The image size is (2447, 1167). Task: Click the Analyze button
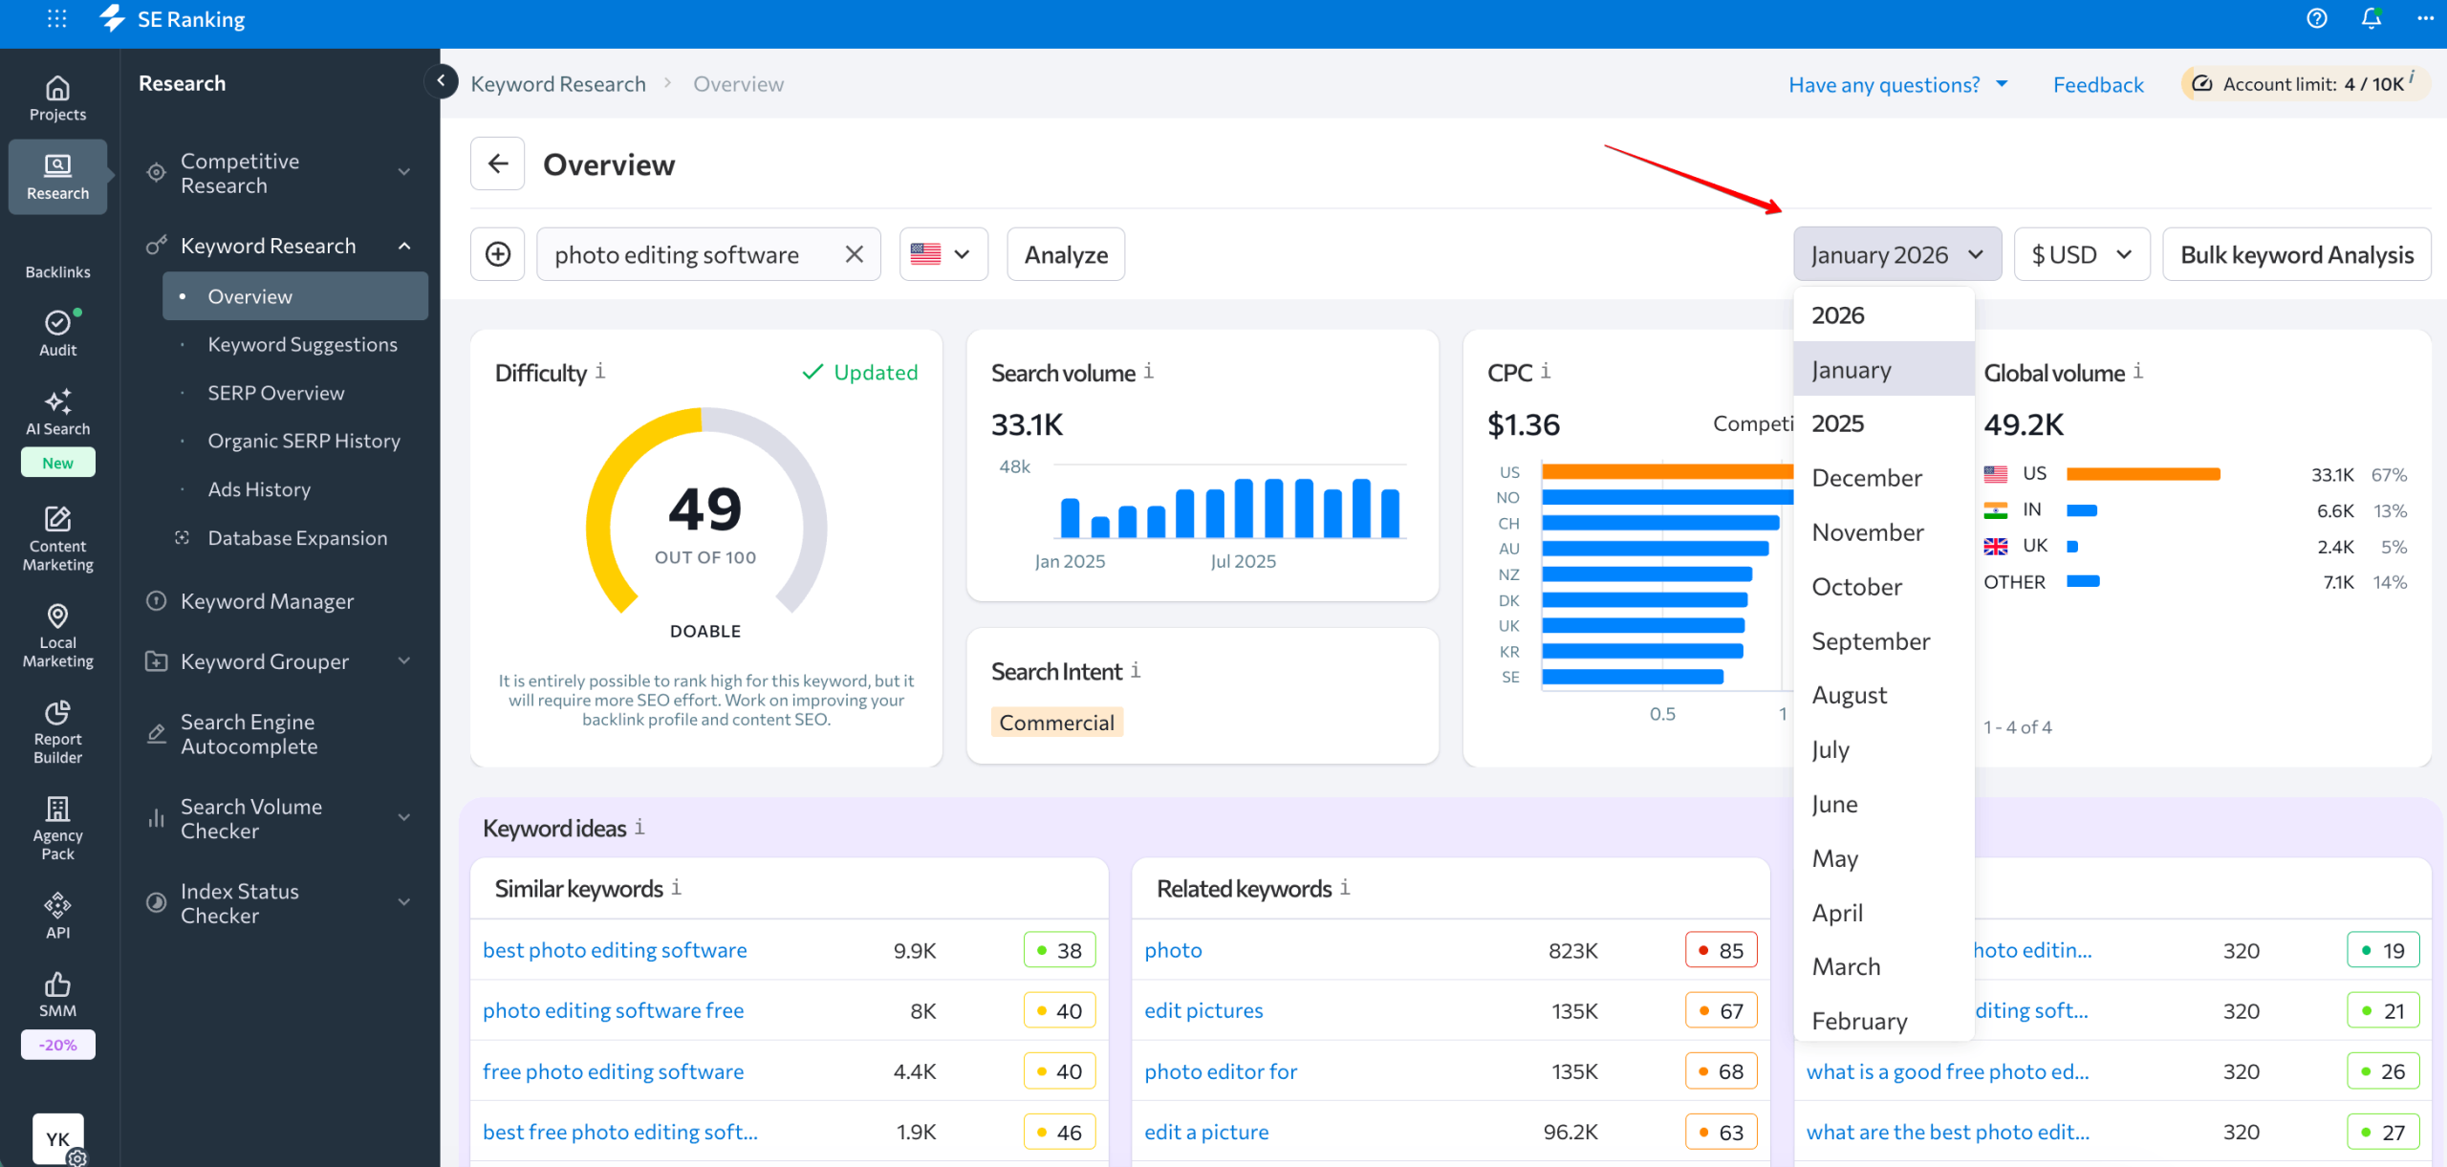point(1065,254)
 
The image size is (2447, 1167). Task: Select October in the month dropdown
point(1856,587)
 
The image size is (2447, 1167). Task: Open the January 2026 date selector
point(1896,254)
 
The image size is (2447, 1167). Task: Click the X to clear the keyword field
point(854,254)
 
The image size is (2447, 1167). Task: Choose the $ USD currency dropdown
point(2081,254)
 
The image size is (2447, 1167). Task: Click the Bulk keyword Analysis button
point(2296,254)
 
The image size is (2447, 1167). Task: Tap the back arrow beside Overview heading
point(497,163)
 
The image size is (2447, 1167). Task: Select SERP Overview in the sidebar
point(275,393)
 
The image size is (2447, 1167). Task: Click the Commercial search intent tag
point(1056,723)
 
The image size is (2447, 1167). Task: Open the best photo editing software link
point(615,950)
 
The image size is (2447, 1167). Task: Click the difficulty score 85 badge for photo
point(1721,950)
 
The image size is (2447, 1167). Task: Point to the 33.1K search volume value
point(1027,424)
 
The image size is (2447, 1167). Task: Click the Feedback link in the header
point(2097,85)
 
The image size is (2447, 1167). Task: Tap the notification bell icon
point(2371,18)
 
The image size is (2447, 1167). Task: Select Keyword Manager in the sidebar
point(267,601)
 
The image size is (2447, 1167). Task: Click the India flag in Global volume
point(1995,510)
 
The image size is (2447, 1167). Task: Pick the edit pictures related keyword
point(1202,1010)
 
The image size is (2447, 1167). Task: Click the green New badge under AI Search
point(57,463)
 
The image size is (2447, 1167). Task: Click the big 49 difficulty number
point(704,508)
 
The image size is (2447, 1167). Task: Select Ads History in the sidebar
point(259,489)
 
